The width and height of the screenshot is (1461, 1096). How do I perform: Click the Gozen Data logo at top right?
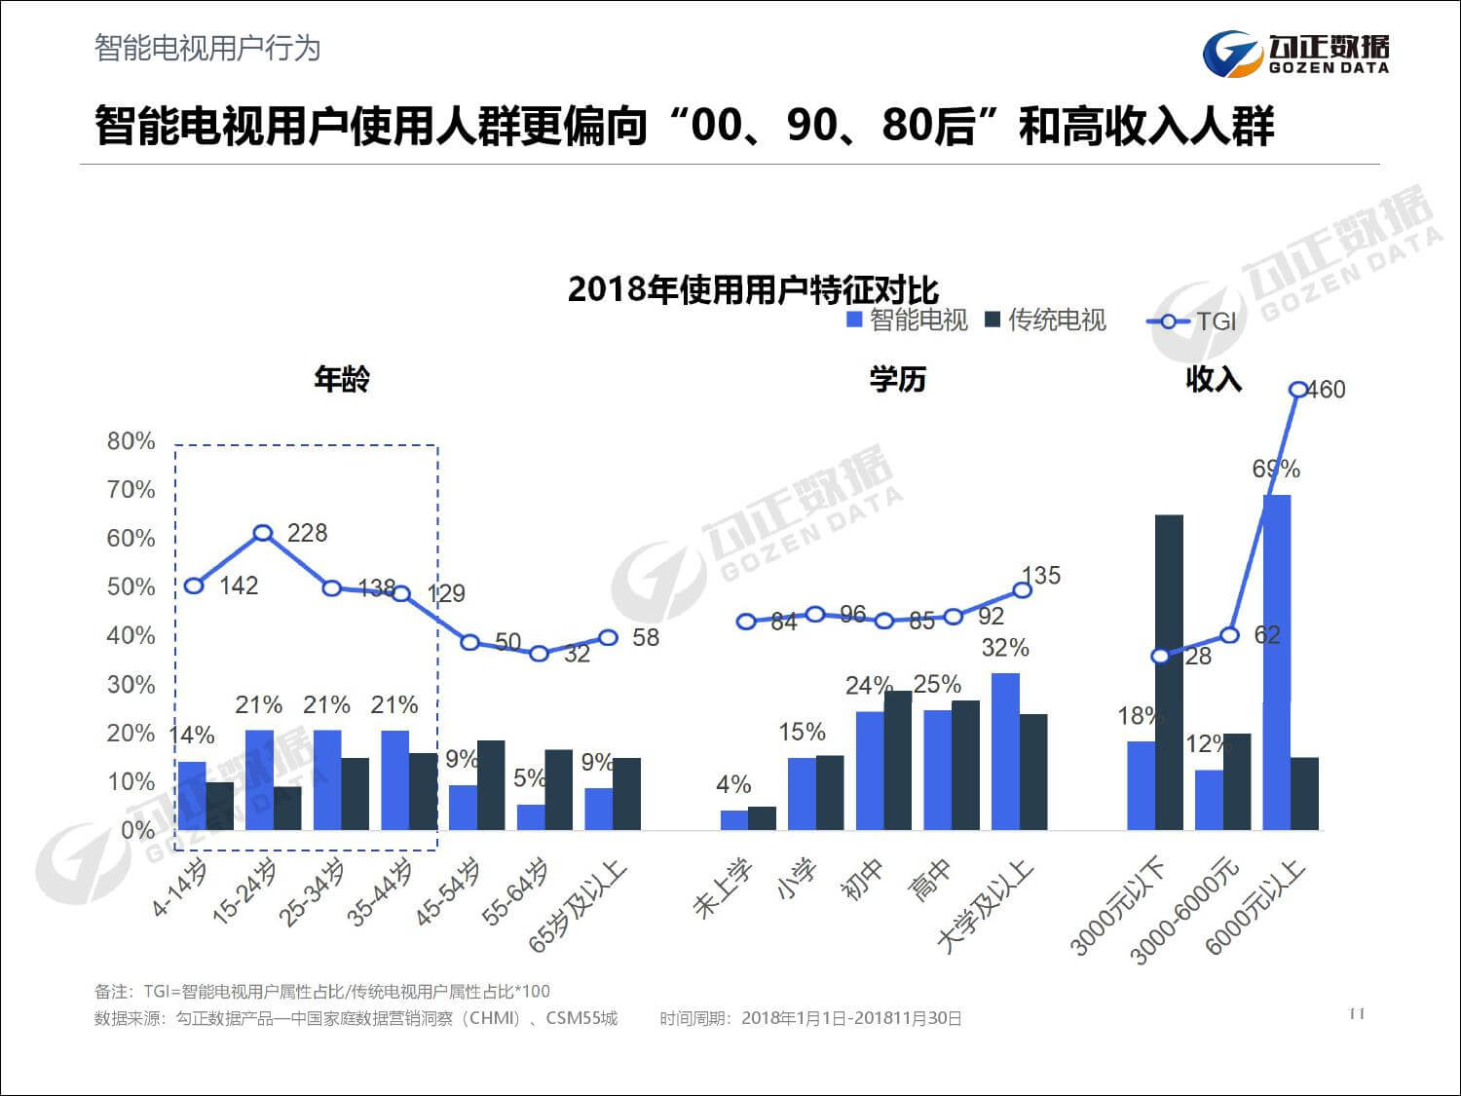[x=1295, y=54]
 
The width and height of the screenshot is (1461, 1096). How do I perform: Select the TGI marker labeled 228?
[x=263, y=533]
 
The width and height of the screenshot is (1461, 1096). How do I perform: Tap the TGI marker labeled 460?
[x=1298, y=390]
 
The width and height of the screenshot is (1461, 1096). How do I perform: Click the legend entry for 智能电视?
[x=908, y=321]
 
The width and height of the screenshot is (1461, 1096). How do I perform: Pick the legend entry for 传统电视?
[x=1046, y=321]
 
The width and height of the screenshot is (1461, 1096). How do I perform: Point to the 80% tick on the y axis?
[x=131, y=441]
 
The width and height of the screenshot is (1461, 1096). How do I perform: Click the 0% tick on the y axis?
[x=137, y=831]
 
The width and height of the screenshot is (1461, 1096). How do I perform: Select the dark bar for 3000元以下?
[x=1169, y=672]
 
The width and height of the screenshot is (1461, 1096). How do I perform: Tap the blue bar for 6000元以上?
[x=1277, y=662]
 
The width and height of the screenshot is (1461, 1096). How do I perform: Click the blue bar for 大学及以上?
[x=1005, y=751]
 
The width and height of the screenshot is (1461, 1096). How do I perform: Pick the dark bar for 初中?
[x=897, y=760]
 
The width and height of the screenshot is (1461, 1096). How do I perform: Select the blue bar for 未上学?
[x=734, y=820]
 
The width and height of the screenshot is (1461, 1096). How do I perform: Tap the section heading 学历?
[x=897, y=379]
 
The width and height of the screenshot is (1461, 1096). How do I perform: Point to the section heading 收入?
[x=1214, y=379]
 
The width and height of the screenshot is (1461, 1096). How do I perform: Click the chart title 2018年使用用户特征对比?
[x=753, y=289]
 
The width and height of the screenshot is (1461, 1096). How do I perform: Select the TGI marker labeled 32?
[x=540, y=654]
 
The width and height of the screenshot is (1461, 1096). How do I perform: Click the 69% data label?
[x=1276, y=470]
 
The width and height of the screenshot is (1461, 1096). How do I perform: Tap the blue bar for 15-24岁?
[x=259, y=779]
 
